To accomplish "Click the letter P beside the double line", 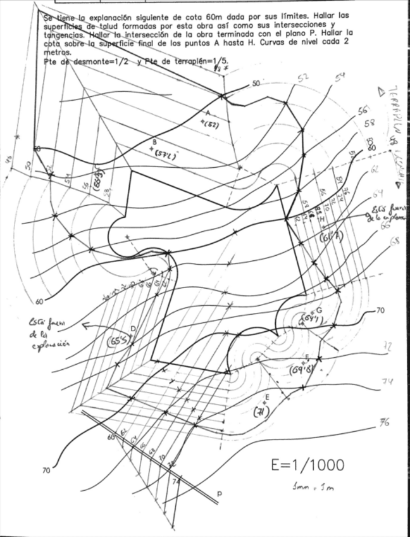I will [x=220, y=493].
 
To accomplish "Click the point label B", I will [x=154, y=141].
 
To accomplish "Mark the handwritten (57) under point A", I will [x=209, y=125].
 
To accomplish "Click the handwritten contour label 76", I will [x=384, y=423].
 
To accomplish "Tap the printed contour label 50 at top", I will [x=256, y=84].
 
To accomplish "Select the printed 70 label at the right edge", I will [x=380, y=310].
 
